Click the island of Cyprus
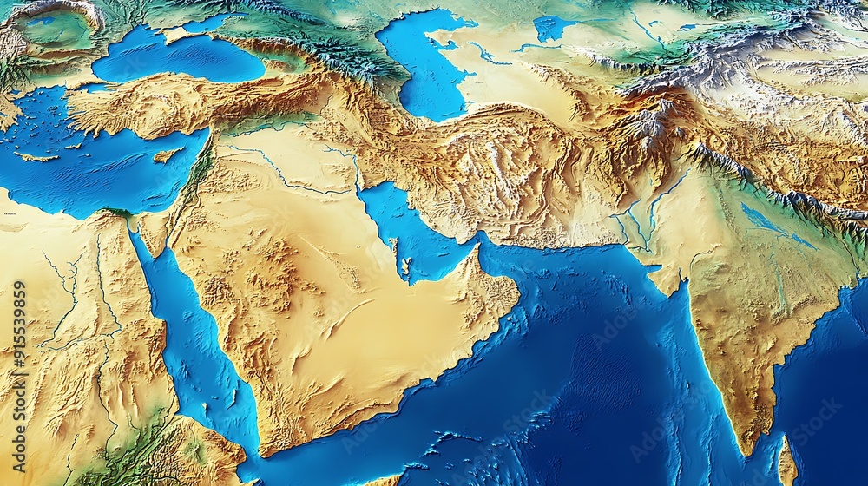(168, 155)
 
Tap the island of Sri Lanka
(787, 461)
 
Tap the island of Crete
(35, 158)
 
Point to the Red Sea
(187, 338)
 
